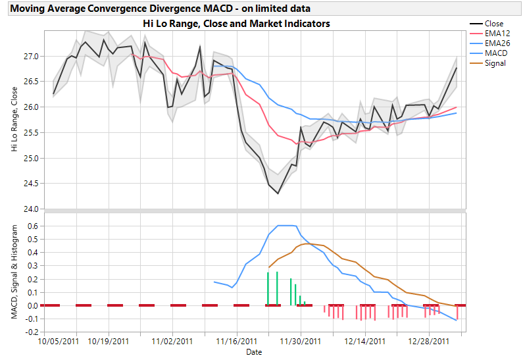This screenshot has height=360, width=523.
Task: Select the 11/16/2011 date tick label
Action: [236, 342]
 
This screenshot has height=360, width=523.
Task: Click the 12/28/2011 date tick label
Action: [428, 342]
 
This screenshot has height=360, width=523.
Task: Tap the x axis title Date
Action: [254, 352]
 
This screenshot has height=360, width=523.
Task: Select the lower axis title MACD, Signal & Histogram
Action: [14, 272]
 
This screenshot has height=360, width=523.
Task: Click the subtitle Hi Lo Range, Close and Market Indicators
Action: [236, 23]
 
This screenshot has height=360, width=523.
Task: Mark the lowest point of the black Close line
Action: [278, 193]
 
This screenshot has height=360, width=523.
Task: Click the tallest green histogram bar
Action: [277, 288]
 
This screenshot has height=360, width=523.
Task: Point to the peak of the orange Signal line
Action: [307, 244]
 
